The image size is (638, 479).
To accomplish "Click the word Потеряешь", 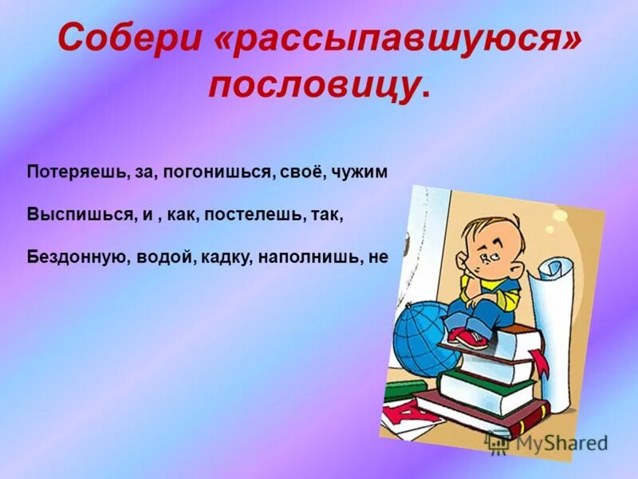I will tap(75, 173).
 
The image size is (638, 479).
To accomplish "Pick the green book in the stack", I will tap(486, 391).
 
